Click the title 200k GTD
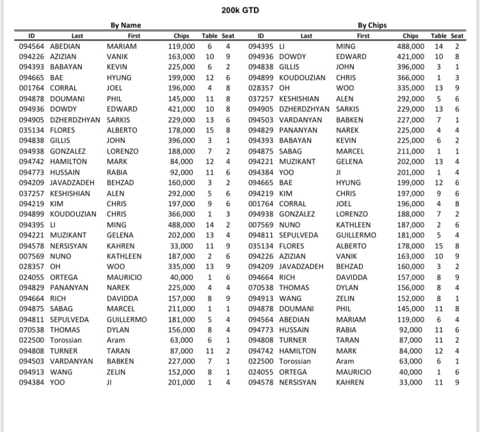click(240, 11)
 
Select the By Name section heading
click(126, 26)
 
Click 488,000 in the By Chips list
click(410, 46)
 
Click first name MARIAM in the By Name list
click(122, 46)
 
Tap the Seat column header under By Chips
click(457, 36)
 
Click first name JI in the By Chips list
click(339, 172)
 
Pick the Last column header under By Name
click(77, 36)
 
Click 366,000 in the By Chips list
click(410, 77)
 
